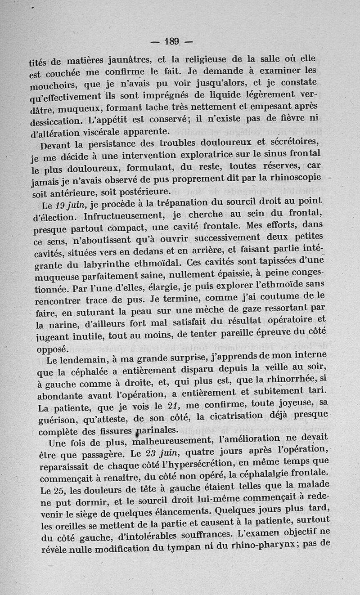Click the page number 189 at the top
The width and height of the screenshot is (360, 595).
(x=171, y=41)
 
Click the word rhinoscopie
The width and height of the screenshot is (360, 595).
(x=295, y=177)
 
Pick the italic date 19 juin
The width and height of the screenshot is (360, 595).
(x=72, y=206)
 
